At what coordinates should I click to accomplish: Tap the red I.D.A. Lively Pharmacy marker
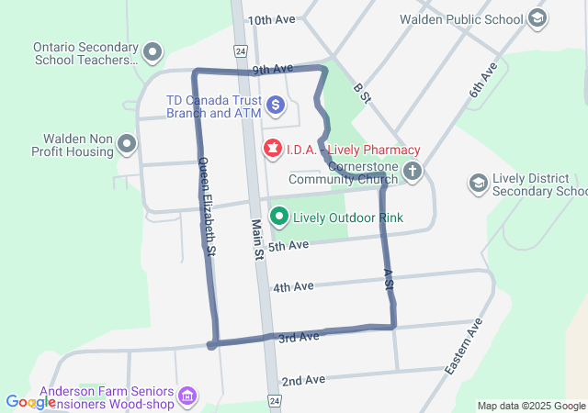pos(273,149)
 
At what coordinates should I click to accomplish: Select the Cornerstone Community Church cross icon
pos(413,171)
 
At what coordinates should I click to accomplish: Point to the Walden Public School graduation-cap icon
pos(538,18)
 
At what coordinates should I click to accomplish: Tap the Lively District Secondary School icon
pos(478,184)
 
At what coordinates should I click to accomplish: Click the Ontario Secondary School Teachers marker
pos(153,52)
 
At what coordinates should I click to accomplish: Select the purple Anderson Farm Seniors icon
pos(187,396)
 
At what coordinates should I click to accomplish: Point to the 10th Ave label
pos(271,19)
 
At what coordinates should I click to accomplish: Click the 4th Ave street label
pos(293,286)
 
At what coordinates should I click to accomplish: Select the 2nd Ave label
pos(303,380)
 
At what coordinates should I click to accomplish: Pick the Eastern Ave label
pos(464,347)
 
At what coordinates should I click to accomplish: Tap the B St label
pos(360,92)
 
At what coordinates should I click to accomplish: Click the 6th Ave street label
pos(484,79)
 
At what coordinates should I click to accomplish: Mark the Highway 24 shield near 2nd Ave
pos(274,401)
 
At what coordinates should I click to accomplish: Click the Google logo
pos(30,402)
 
